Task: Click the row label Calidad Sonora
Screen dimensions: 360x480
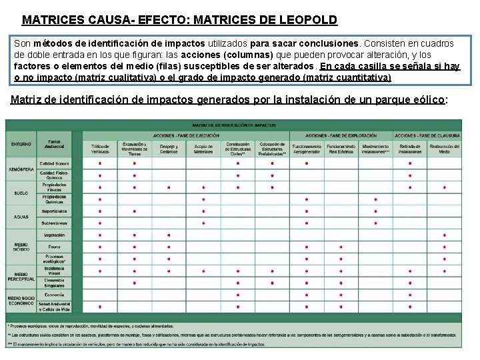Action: pyautogui.click(x=54, y=163)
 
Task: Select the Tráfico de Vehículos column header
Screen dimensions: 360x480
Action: pyautogui.click(x=100, y=147)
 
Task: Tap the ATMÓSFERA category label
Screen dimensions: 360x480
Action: pyautogui.click(x=21, y=169)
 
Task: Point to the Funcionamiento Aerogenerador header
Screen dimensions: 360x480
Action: pyautogui.click(x=306, y=147)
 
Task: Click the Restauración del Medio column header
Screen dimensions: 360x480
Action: pyautogui.click(x=444, y=147)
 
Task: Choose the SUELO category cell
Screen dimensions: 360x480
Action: pyautogui.click(x=21, y=193)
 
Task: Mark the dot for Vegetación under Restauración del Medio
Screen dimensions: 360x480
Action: pyautogui.click(x=444, y=235)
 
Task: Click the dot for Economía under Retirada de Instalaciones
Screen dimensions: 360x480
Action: pyautogui.click(x=410, y=295)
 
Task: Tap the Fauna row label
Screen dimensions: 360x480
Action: pyautogui.click(x=54, y=247)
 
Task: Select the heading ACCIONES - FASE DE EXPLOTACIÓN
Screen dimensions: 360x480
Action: pyautogui.click(x=341, y=135)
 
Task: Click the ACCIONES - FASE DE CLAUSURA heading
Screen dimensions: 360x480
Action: pyautogui.click(x=427, y=135)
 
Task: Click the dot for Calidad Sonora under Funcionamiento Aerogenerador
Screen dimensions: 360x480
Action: pyautogui.click(x=306, y=163)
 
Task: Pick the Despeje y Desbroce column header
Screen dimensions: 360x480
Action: pyautogui.click(x=169, y=147)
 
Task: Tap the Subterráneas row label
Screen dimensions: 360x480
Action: pyautogui.click(x=54, y=223)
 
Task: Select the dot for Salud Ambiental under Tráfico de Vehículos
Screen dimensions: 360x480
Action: pyautogui.click(x=100, y=307)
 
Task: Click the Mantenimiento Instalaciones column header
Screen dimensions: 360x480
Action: pyautogui.click(x=375, y=147)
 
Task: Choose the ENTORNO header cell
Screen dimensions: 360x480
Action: pyautogui.click(x=21, y=144)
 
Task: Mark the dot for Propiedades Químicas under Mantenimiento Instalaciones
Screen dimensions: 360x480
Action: pyautogui.click(x=375, y=199)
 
